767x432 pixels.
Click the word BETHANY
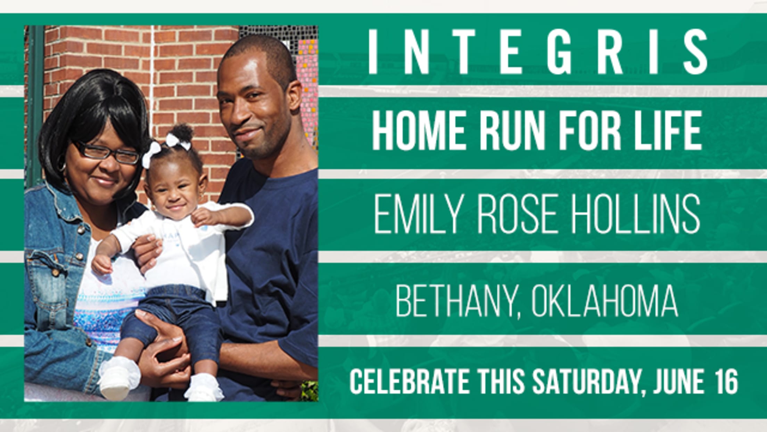pyautogui.click(x=455, y=300)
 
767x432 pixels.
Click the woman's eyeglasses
pyautogui.click(x=106, y=152)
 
